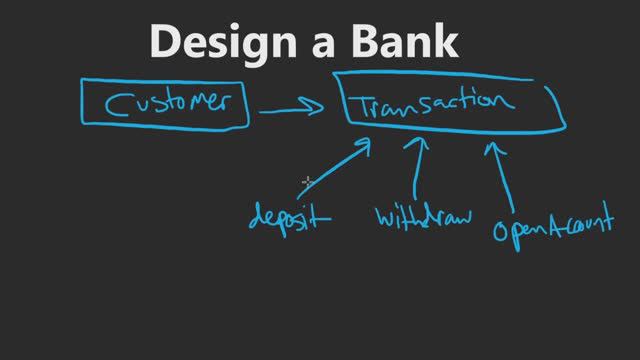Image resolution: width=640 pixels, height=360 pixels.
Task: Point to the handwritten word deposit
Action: [288, 217]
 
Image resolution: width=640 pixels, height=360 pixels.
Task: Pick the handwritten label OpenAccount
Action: [550, 228]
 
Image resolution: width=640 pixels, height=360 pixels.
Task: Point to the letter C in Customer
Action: [116, 104]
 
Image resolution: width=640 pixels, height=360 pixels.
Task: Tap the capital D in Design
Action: [166, 41]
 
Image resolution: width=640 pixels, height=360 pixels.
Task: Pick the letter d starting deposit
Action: [257, 217]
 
